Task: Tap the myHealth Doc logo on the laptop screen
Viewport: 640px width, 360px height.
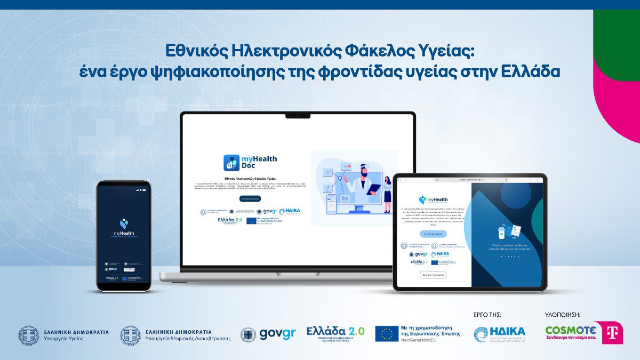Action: coord(250,162)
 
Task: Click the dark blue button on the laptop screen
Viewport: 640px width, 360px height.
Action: coord(250,198)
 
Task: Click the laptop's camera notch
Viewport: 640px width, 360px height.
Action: coord(298,116)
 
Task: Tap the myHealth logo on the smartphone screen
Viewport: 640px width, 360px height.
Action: coord(123,227)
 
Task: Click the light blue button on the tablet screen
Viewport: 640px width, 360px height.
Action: coord(433,234)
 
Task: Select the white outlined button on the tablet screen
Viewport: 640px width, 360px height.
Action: coord(433,275)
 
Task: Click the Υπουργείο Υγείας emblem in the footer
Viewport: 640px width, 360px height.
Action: coord(29,335)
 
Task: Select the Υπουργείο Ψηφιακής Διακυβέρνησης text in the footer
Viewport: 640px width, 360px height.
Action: coord(188,339)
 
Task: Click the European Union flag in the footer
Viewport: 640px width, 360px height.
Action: coord(387,334)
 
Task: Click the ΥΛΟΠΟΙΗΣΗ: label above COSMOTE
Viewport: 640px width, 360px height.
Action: coord(563,315)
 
